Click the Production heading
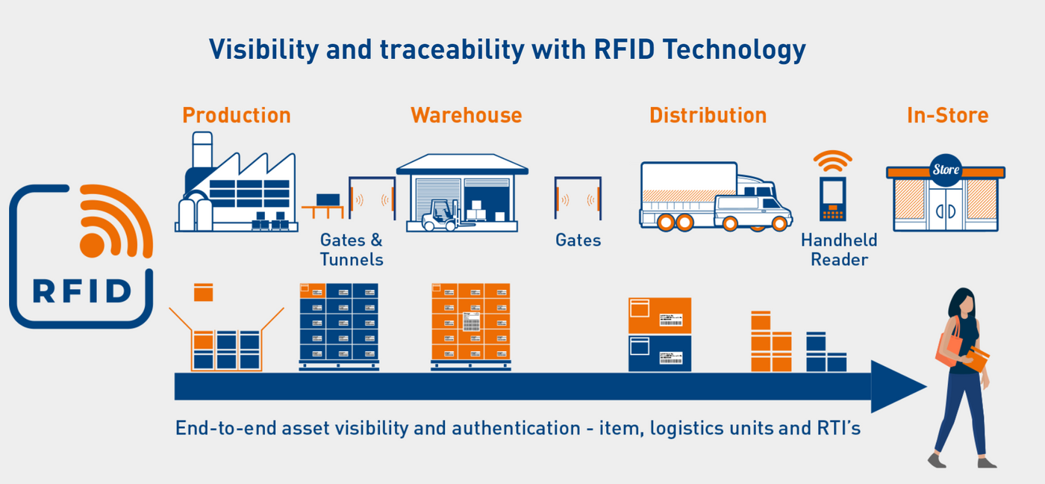[236, 116]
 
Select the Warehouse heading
[466, 116]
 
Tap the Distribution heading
[708, 116]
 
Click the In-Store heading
[947, 116]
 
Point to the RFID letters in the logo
[82, 291]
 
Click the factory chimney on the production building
[202, 153]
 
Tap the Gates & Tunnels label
[352, 249]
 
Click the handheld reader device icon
[832, 199]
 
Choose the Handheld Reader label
[839, 249]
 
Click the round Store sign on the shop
[946, 170]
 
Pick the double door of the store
[945, 209]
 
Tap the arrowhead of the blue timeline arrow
[896, 386]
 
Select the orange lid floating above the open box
[203, 292]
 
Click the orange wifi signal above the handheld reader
[832, 161]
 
